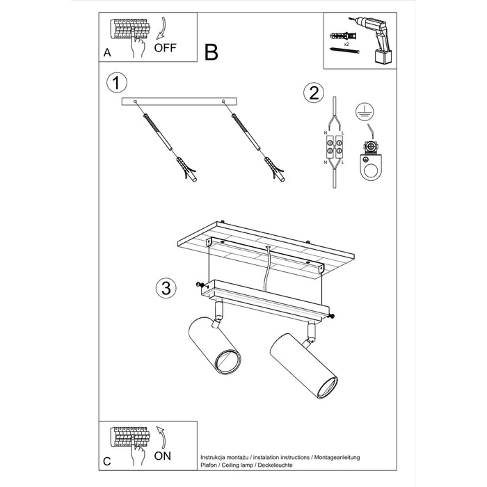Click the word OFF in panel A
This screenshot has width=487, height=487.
pos(166,48)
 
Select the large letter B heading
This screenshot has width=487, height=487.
pos(211,52)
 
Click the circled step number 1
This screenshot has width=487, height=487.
pos(117,83)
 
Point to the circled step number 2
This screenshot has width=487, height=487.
pos(312,93)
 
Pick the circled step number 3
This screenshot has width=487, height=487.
pos(163,287)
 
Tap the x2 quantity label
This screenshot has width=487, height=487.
pos(346,42)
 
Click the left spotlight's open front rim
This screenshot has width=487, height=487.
pos(227,361)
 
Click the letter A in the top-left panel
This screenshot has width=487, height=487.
pos(106,52)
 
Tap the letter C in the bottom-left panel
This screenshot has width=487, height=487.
pos(106,461)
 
